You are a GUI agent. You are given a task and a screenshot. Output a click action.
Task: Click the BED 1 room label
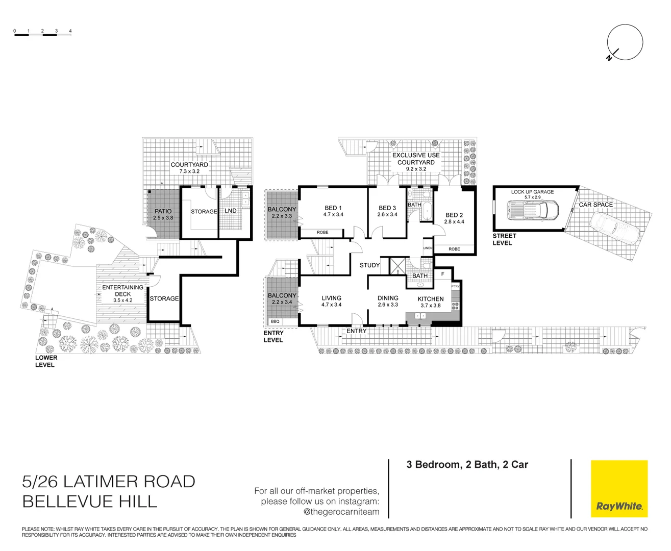[x=333, y=208]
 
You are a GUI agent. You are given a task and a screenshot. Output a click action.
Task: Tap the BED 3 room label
[x=387, y=208]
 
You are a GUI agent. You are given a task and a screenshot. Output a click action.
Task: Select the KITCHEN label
[x=430, y=299]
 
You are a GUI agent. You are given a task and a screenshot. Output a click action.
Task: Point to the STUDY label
[x=369, y=265]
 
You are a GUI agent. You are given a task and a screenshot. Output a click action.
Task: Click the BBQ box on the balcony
[x=275, y=321]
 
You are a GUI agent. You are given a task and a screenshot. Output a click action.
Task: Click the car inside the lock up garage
[x=533, y=210]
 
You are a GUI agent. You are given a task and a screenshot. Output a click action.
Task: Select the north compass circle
[x=625, y=42]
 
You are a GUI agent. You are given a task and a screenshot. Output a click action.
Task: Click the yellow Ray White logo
[x=619, y=489]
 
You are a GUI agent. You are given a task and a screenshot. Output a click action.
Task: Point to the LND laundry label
[x=231, y=211]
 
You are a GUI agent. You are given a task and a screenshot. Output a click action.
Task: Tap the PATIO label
[x=163, y=211]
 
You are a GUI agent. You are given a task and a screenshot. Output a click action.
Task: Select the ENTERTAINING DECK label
[x=122, y=291]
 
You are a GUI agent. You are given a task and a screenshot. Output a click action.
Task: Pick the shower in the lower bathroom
[x=397, y=266]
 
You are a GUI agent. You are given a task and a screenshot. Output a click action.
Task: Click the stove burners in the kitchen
[x=455, y=306]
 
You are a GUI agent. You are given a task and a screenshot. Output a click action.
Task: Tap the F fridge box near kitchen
[x=442, y=274]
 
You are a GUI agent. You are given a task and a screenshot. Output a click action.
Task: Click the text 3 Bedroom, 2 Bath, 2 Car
[x=467, y=465]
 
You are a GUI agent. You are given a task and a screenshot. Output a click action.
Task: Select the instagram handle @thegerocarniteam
[x=341, y=512]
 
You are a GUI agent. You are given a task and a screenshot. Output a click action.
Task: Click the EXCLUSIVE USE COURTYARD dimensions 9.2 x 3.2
[x=416, y=169]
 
